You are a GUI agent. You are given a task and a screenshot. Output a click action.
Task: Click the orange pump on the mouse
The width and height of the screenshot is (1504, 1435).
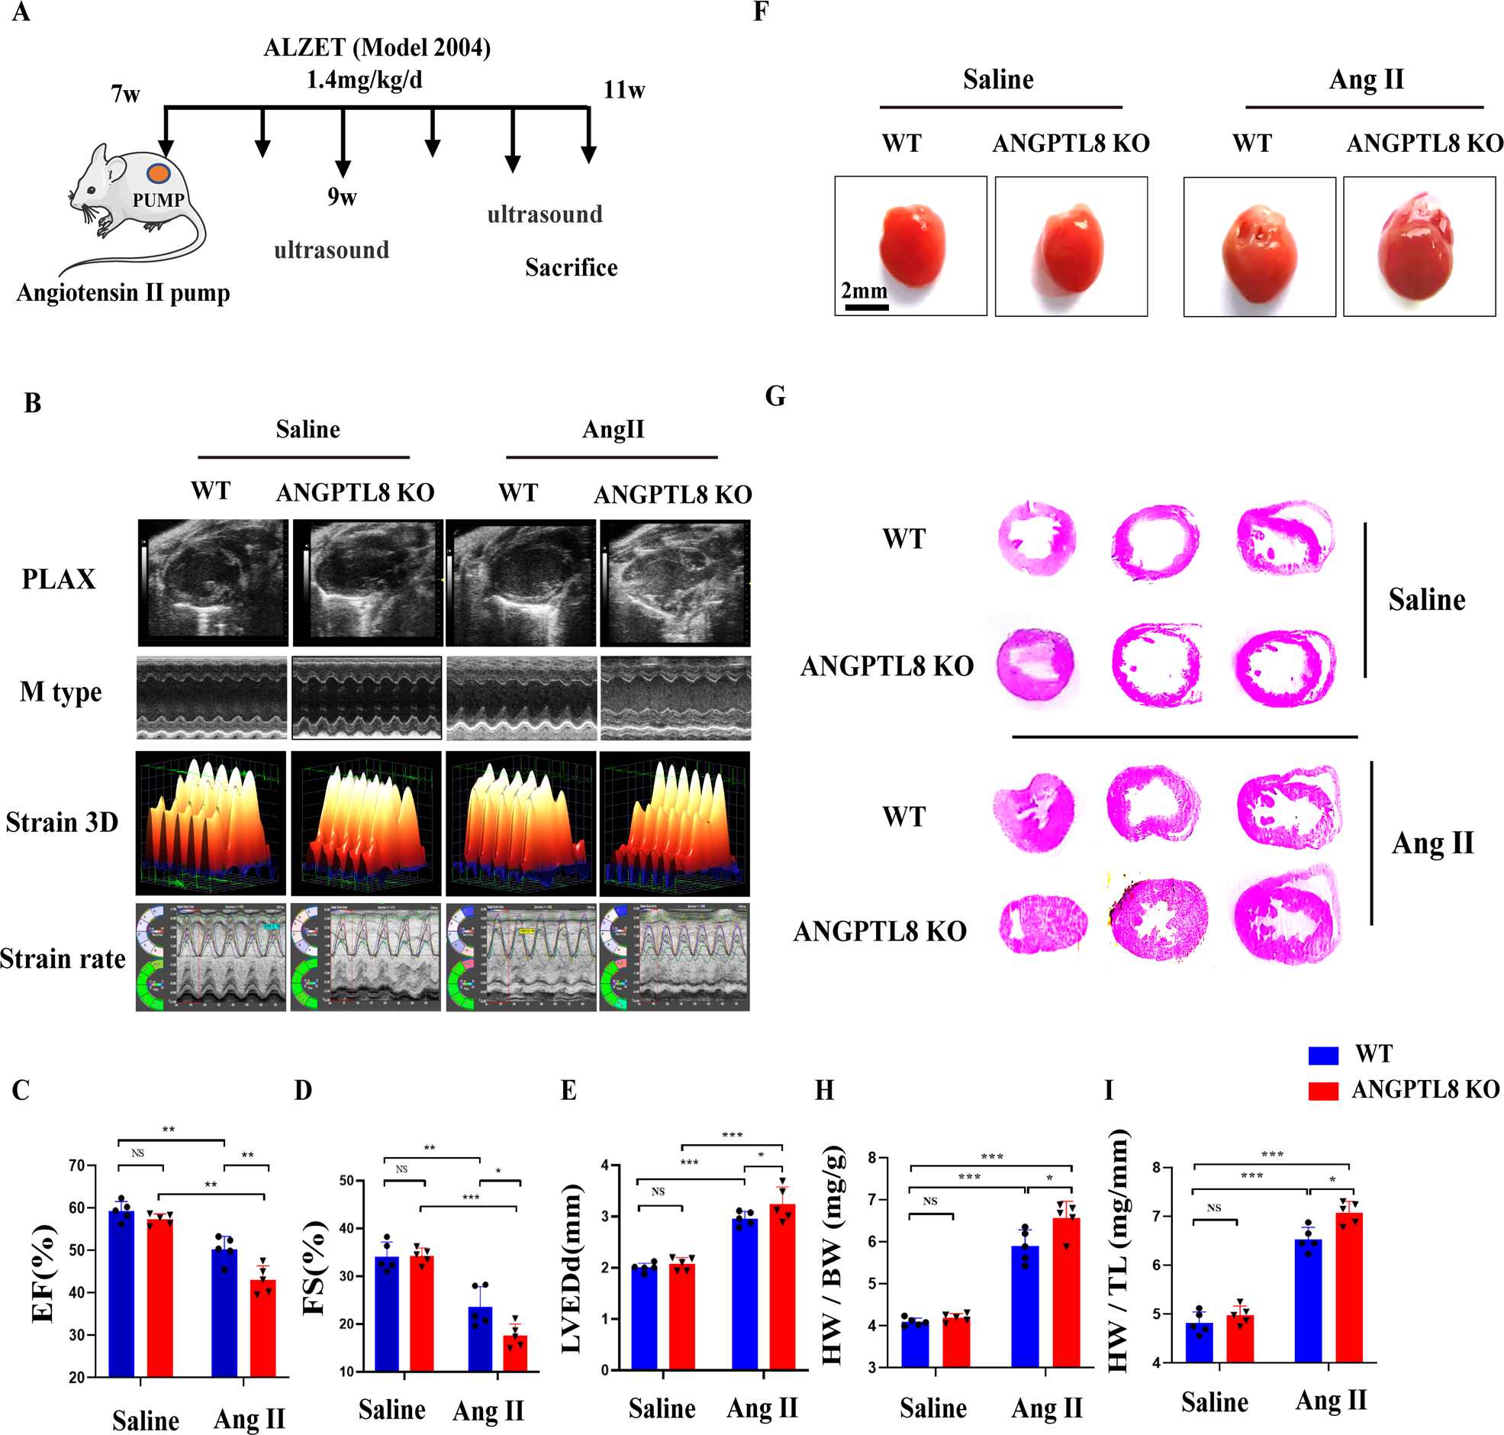tap(158, 173)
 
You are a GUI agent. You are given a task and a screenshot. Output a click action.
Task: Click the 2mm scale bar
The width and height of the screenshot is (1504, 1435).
tap(866, 308)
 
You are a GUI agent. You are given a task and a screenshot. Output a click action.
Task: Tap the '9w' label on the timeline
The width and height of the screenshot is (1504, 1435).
tap(342, 197)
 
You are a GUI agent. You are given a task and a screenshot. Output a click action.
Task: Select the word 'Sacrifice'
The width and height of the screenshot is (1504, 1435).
tap(572, 268)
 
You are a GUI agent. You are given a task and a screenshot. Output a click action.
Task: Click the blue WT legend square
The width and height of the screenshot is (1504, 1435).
tap(1323, 1056)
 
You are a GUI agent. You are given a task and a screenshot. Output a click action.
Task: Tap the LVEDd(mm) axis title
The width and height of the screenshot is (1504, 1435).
tap(572, 1270)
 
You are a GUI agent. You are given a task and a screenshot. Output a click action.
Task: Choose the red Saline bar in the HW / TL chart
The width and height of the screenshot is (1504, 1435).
tap(1240, 1338)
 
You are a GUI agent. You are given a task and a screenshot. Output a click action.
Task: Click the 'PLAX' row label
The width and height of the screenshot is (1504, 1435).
tap(59, 579)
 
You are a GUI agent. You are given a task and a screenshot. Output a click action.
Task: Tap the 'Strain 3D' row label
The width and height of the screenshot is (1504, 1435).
tap(62, 822)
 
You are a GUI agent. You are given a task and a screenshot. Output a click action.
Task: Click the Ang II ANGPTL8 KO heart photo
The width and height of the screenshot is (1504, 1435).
tap(1419, 247)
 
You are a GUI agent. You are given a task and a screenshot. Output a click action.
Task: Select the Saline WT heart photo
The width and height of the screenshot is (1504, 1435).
tap(910, 247)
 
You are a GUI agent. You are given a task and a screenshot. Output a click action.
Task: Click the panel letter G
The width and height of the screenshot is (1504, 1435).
tap(775, 396)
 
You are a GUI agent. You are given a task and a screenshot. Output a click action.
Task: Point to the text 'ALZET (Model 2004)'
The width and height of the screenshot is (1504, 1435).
tap(377, 48)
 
